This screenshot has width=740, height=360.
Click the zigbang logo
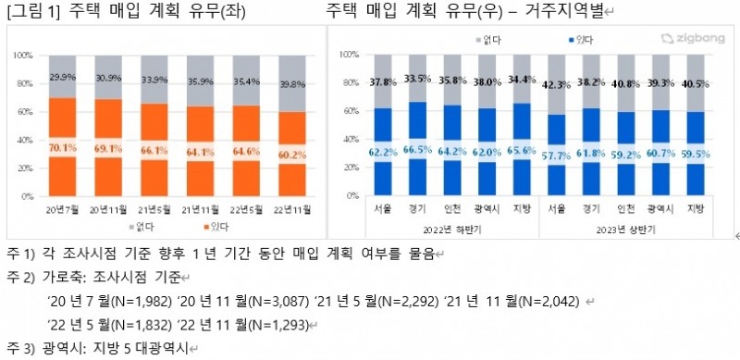pos(681,39)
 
